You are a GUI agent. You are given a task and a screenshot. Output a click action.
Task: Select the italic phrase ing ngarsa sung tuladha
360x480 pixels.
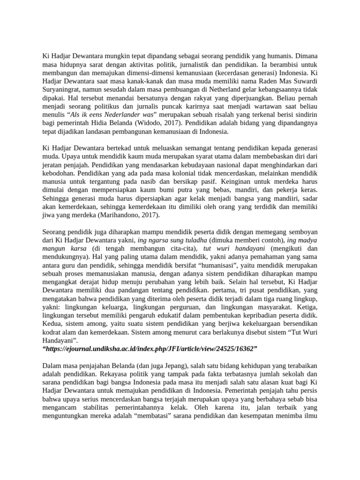point(167,240)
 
